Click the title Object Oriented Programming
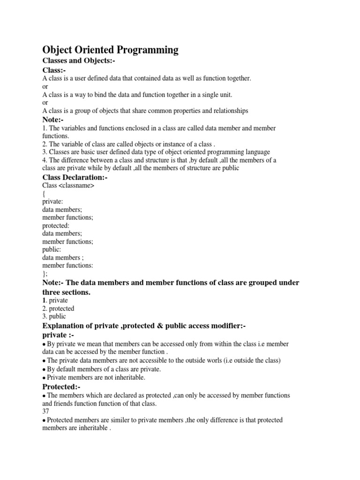pos(111,50)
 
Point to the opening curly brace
pos(44,194)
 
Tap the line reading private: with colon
pos(52,202)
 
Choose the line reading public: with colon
pos(52,249)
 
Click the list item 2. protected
pos(58,308)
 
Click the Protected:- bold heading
pos(61,387)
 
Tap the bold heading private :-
pos(58,335)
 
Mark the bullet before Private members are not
pos(44,377)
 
